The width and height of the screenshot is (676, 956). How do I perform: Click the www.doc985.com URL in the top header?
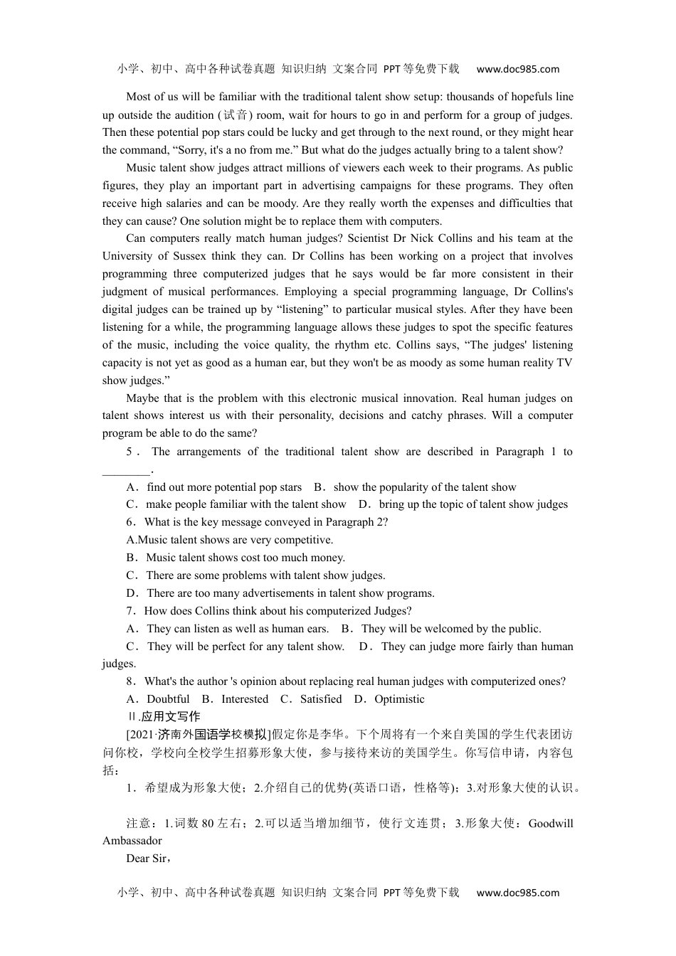tap(517, 69)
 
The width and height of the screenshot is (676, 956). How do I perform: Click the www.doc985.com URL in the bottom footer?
tap(517, 893)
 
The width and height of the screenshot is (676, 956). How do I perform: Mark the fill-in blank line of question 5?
tap(126, 470)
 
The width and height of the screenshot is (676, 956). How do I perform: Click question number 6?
tap(130, 522)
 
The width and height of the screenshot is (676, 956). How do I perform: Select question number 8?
tap(130, 681)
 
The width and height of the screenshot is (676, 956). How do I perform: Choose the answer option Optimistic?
tap(399, 699)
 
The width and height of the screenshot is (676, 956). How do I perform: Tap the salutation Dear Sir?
tap(147, 859)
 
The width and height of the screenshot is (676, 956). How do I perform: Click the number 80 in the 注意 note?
tap(208, 824)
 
